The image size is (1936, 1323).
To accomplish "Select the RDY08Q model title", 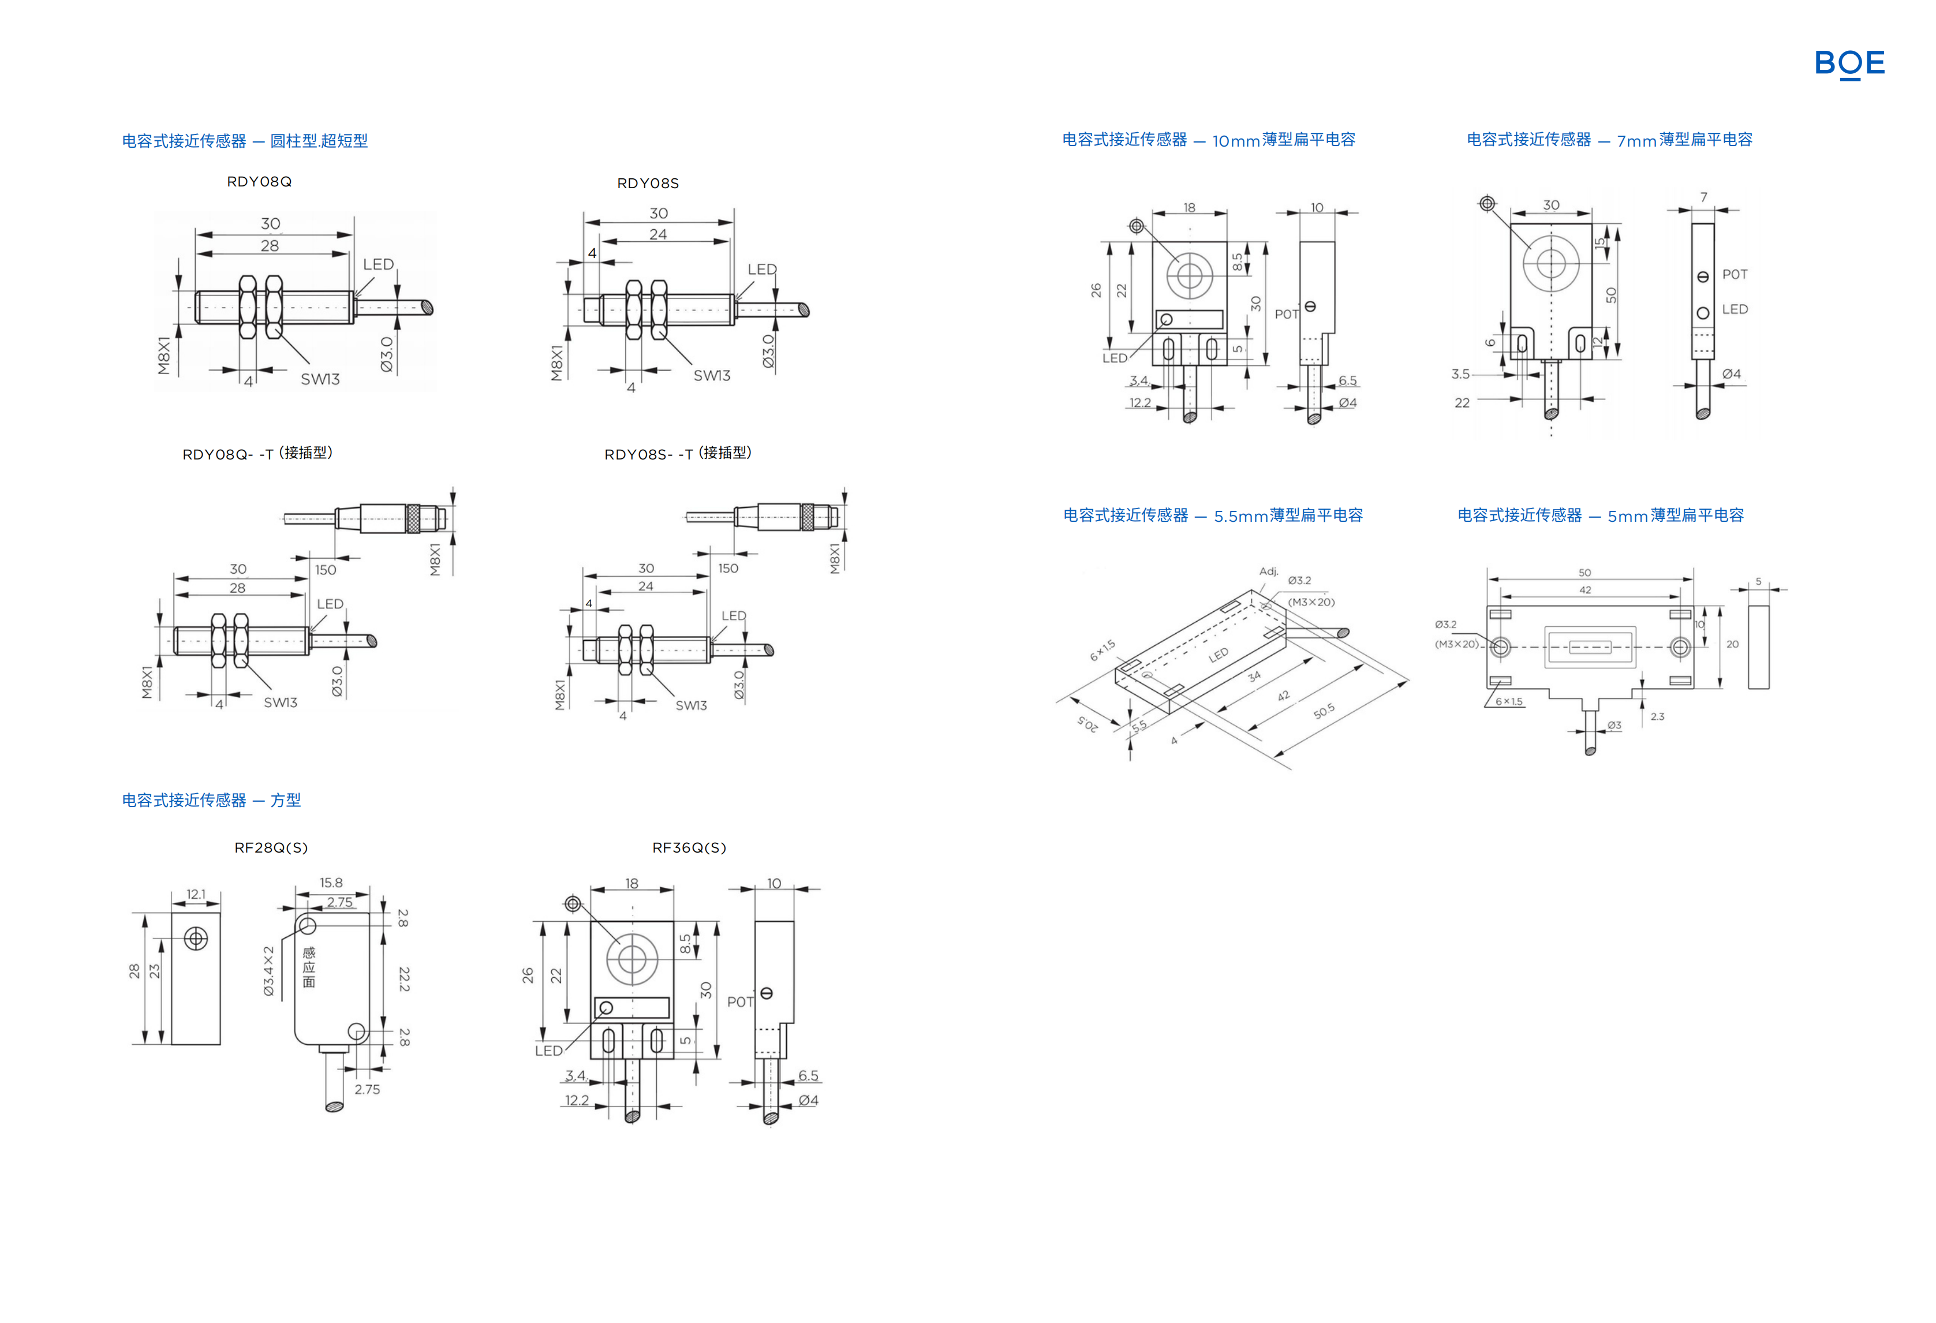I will point(259,182).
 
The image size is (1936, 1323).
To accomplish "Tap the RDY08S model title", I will point(647,184).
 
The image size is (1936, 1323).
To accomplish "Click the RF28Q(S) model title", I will point(271,847).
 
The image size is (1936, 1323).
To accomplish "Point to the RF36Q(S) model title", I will point(689,847).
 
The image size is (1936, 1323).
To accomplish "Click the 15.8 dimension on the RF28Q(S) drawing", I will point(331,882).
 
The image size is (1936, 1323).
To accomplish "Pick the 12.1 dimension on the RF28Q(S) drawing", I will point(196,894).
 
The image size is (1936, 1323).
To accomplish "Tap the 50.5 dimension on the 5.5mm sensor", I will point(1324,711).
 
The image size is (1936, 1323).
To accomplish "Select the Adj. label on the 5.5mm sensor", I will point(1268,571).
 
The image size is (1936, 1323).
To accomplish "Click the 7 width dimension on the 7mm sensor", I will point(1703,197).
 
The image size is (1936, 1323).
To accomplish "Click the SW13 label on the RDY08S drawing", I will point(711,376).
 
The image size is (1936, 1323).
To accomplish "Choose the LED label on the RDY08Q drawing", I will point(378,264).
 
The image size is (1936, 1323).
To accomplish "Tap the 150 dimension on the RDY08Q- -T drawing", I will point(325,570).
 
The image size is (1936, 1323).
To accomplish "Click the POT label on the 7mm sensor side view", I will point(1735,274).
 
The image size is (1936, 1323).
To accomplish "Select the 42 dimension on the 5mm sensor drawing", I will point(1584,590).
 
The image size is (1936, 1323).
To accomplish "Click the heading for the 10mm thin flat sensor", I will point(1208,140).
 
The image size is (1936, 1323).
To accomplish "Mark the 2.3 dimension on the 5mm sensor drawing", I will point(1657,716).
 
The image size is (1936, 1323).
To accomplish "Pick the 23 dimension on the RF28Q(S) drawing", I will point(154,971).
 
